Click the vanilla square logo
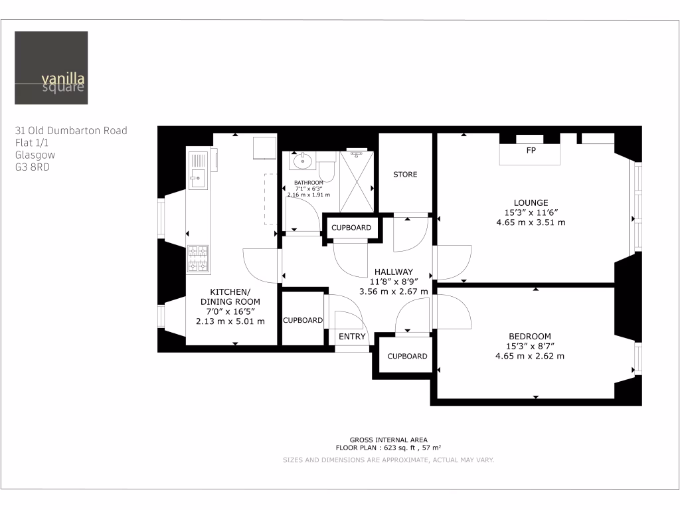pos(51,68)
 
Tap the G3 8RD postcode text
pos(32,167)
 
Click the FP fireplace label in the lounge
pos(531,151)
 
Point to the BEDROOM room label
pos(530,336)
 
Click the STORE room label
pos(405,175)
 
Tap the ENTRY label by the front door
pos(352,337)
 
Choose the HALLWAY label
pos(393,272)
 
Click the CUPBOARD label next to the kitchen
pos(303,320)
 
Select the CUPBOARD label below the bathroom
pos(351,228)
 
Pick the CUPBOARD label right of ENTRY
pos(407,356)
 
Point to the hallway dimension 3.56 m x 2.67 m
pos(393,291)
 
